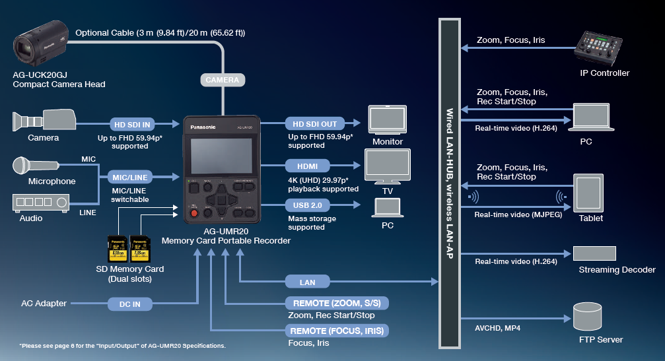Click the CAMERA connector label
(223, 80)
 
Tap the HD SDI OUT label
(316, 123)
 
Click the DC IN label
(129, 304)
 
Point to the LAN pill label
(307, 282)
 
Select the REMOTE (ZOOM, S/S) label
(337, 303)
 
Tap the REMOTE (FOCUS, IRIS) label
(337, 330)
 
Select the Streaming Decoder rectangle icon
(594, 253)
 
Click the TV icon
(388, 166)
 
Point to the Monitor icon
(388, 121)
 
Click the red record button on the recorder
(194, 213)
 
